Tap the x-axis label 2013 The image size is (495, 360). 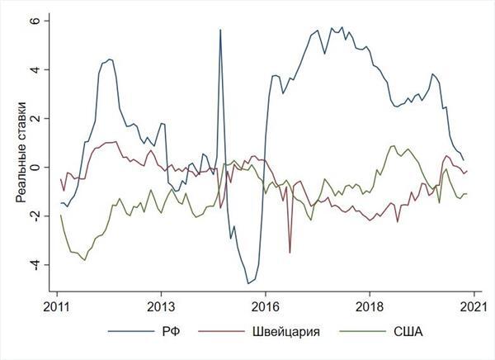pyautogui.click(x=160, y=306)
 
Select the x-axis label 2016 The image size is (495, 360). pyautogui.click(x=265, y=306)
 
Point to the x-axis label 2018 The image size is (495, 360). pyautogui.click(x=369, y=306)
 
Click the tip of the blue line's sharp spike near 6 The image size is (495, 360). pyautogui.click(x=220, y=30)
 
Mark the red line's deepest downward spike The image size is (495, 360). pyautogui.click(x=290, y=253)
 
